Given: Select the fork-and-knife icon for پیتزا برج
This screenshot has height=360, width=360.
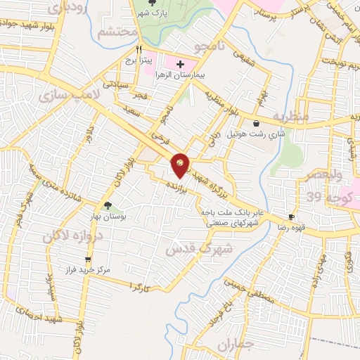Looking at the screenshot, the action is tap(139, 50).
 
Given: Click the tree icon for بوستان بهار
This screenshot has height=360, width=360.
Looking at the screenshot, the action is tap(107, 206).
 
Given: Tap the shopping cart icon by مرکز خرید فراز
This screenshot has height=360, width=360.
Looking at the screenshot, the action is tap(87, 259).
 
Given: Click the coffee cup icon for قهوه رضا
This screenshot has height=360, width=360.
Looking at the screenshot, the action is tap(291, 217).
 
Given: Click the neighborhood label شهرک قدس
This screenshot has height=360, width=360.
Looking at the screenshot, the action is tap(190, 248).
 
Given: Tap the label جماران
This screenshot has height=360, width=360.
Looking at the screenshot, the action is tap(234, 345).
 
